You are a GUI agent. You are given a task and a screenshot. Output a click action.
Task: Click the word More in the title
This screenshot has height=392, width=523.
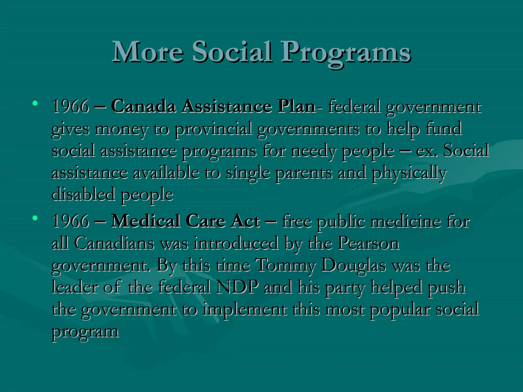148,52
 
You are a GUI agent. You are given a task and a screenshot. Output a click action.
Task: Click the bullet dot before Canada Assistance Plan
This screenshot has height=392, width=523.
35,103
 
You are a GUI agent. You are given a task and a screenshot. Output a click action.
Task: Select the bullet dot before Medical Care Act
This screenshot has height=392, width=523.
35,218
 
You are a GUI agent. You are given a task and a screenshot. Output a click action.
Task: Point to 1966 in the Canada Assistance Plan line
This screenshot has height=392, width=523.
70,106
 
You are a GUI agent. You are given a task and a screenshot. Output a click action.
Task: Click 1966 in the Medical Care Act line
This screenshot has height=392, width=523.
70,221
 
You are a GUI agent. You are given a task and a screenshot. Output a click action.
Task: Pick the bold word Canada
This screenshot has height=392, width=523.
144,106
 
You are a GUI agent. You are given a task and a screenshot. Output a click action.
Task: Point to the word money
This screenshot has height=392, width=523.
121,129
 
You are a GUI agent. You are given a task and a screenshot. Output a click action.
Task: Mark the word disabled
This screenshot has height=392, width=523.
83,195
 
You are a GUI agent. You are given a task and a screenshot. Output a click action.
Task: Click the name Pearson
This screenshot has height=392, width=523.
369,243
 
